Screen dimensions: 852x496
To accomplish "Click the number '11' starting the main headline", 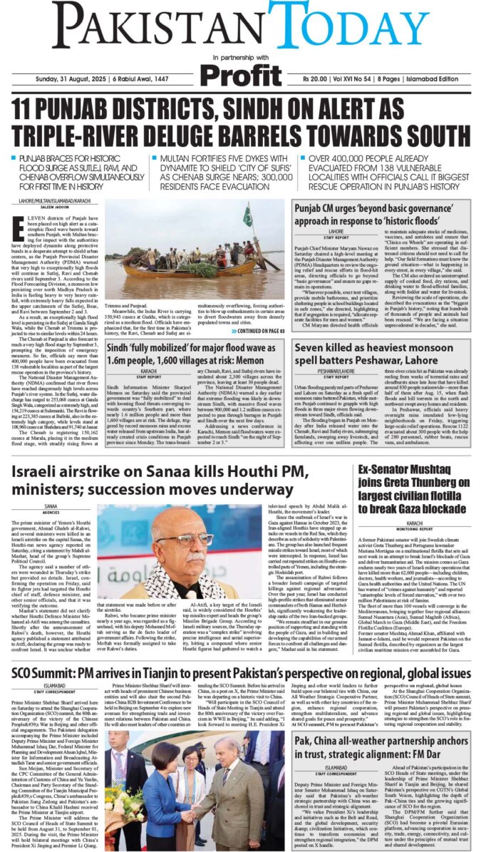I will (x=29, y=109).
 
